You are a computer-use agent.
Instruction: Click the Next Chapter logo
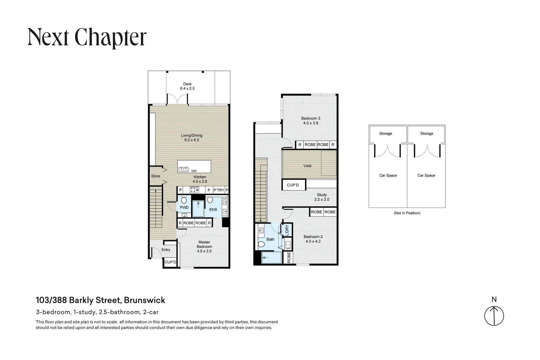pyautogui.click(x=87, y=37)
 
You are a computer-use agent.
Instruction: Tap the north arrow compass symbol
pyautogui.click(x=494, y=316)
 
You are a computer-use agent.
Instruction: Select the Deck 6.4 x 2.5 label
pyautogui.click(x=187, y=86)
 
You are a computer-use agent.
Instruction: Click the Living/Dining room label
pyautogui.click(x=192, y=138)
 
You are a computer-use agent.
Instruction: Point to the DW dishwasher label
pyautogui.click(x=194, y=171)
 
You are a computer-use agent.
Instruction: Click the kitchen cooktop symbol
pyautogui.click(x=194, y=190)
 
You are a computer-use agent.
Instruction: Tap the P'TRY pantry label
pyautogui.click(x=219, y=190)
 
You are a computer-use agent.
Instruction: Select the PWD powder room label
pyautogui.click(x=184, y=207)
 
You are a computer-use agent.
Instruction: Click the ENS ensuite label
pyautogui.click(x=213, y=209)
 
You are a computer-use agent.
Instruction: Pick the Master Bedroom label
pyautogui.click(x=204, y=247)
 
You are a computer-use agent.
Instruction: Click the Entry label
pyautogui.click(x=166, y=250)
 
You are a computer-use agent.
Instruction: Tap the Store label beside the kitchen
pyautogui.click(x=156, y=176)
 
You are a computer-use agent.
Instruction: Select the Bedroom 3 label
pyautogui.click(x=310, y=121)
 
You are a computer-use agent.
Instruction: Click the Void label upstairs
pyautogui.click(x=307, y=166)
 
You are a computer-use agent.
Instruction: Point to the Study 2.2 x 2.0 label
pyautogui.click(x=322, y=197)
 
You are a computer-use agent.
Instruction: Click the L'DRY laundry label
pyautogui.click(x=287, y=230)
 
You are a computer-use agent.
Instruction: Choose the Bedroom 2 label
pyautogui.click(x=313, y=239)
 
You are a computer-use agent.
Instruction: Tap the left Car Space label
pyautogui.click(x=388, y=175)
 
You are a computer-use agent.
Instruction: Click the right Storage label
pyautogui.click(x=427, y=134)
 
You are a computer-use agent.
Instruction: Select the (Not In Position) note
pyautogui.click(x=407, y=213)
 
